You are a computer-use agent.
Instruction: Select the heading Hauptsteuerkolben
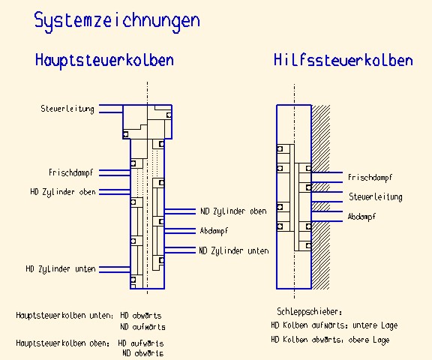pos(104,60)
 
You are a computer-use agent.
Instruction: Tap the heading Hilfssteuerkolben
pos(343,60)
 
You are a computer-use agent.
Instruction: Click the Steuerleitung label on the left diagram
pos(67,109)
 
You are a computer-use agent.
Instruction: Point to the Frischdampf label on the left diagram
pos(71,172)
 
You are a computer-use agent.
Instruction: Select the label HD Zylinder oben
pos(63,192)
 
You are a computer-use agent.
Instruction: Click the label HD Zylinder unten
pos(61,268)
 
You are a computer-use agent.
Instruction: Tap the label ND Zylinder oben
pos(234,211)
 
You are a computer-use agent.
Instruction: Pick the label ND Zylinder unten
pos(234,250)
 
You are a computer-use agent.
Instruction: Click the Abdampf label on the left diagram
pos(214,231)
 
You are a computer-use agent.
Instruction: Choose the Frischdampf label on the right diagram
pos(370,178)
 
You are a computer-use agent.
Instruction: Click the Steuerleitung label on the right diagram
pos(376,197)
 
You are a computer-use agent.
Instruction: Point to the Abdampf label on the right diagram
pos(361,217)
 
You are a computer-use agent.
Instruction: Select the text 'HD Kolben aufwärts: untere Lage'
pos(334,325)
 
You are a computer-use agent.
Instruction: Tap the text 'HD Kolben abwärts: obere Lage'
pos(330,340)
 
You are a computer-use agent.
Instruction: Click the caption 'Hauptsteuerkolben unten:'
pos(64,316)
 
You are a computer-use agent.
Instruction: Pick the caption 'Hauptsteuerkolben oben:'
pos(63,343)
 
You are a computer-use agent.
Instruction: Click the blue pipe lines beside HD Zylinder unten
pos(115,269)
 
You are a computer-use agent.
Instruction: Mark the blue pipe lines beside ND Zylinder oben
pos(180,211)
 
